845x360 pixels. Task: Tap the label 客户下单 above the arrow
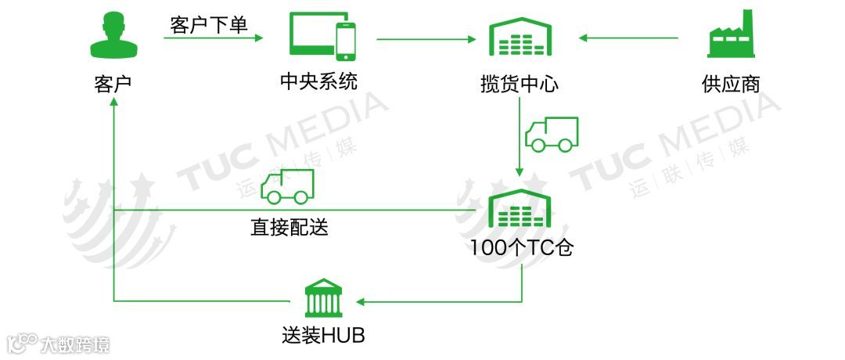coord(209,25)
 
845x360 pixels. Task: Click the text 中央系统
coord(319,81)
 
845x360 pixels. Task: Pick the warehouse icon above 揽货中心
coord(520,37)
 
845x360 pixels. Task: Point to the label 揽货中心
coord(520,83)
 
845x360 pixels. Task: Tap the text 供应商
coord(731,83)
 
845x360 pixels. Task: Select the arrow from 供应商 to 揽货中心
coord(629,38)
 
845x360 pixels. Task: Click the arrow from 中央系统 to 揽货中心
coord(427,38)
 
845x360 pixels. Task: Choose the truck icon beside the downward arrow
coord(552,134)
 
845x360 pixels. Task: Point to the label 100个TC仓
coord(522,248)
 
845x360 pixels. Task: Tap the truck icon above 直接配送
coord(287,186)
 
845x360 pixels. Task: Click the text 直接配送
coord(289,228)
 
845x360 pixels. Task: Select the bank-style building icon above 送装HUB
coord(322,297)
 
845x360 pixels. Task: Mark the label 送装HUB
coord(323,337)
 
